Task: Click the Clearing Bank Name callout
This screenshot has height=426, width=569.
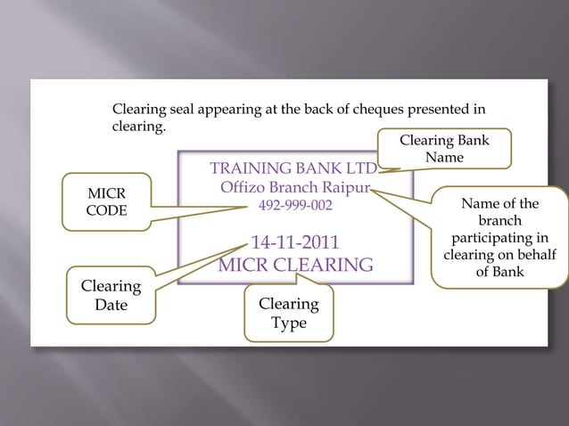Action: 444,149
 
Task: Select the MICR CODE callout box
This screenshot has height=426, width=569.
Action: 105,203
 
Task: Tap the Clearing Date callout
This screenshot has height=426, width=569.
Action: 111,297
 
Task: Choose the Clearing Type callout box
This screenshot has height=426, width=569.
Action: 288,313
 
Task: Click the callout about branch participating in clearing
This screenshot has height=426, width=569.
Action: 499,238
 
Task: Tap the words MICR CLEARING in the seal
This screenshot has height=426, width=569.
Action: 295,266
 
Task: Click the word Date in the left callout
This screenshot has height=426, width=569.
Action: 111,306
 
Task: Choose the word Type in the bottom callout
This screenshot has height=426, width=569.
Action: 288,323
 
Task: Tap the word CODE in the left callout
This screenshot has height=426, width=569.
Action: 105,212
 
